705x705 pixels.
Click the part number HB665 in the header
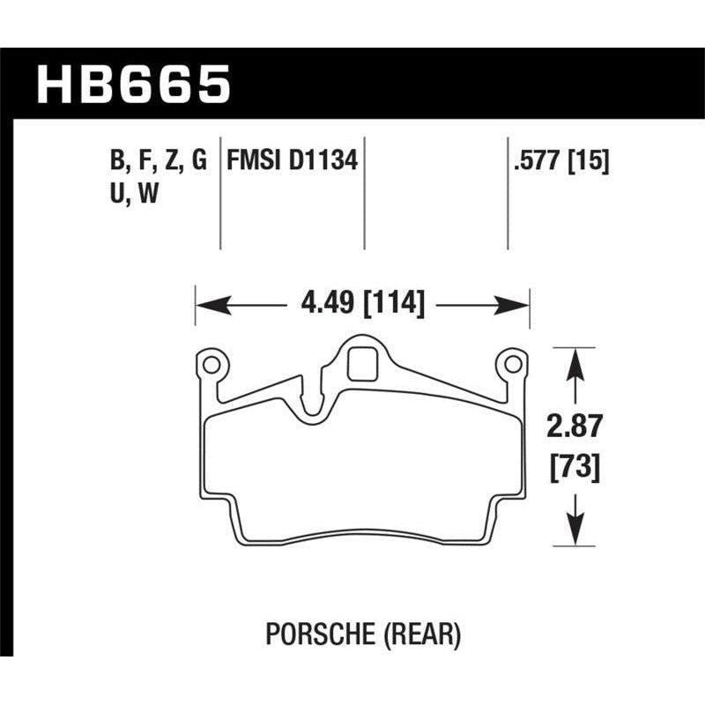tap(133, 85)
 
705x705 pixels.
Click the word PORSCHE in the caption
tap(314, 632)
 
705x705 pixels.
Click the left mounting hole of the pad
tap(210, 362)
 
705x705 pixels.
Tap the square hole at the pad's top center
tap(361, 360)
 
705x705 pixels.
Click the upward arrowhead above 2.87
tap(575, 360)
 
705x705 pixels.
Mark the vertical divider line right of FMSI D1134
tap(365, 194)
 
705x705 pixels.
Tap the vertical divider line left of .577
tap(508, 194)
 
